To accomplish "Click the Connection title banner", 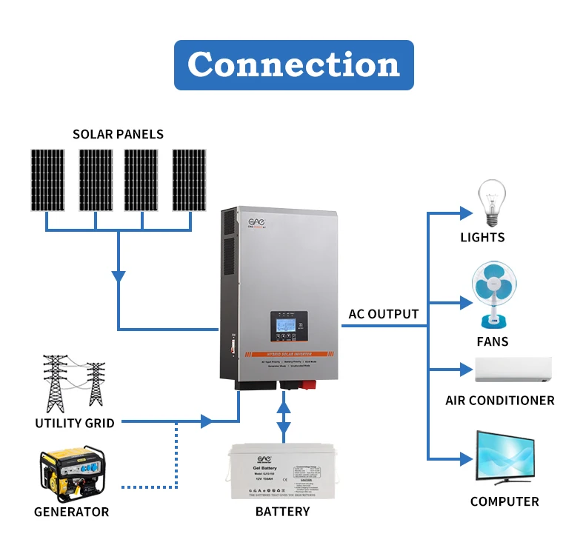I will [x=293, y=65].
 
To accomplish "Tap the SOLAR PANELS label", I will [x=118, y=134].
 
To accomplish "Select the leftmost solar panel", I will [x=47, y=180].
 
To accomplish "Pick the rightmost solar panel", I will [x=189, y=180].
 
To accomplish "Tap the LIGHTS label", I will [x=482, y=238].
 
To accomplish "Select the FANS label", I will [x=493, y=342].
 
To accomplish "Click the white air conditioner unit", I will [x=513, y=370].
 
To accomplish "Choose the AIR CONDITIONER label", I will [x=499, y=401].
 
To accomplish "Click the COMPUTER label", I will [x=504, y=501].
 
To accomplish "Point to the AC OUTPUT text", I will [x=383, y=314].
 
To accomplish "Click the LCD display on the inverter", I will [x=286, y=324].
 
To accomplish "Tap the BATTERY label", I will [x=282, y=512].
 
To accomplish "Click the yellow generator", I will [x=72, y=475].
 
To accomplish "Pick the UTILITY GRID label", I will [x=74, y=424].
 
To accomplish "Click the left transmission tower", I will [x=55, y=382].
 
